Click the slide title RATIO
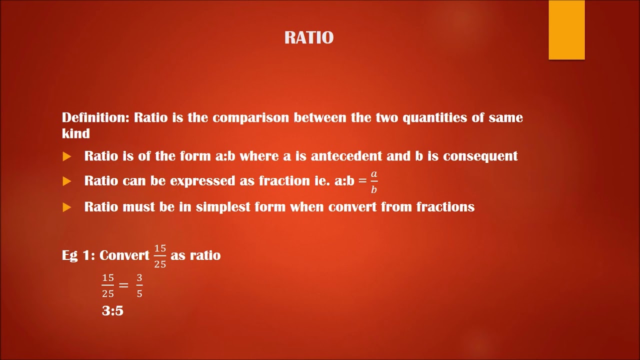coord(308,38)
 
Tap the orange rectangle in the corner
coord(566,29)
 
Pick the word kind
coord(76,133)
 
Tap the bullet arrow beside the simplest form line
coord(67,207)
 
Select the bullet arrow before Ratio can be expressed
coord(67,181)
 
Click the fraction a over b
coord(374,181)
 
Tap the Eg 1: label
coord(78,255)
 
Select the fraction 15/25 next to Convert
coord(160,256)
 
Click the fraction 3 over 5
coord(139,285)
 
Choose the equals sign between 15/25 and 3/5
coord(123,285)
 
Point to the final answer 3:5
coord(112,311)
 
